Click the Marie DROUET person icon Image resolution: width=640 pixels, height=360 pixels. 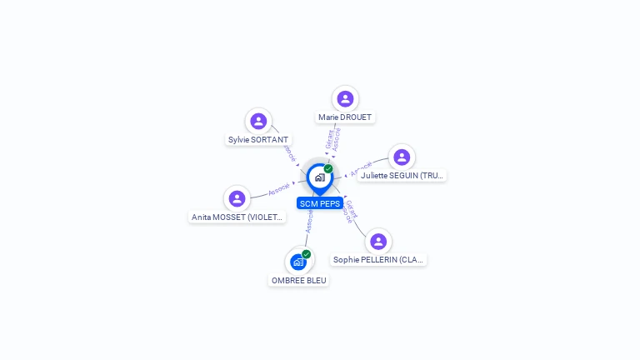(x=345, y=99)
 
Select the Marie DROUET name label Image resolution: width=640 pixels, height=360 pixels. (x=345, y=117)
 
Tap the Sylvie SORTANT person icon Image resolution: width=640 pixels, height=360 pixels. (x=258, y=122)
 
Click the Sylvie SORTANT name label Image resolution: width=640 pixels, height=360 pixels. (x=258, y=140)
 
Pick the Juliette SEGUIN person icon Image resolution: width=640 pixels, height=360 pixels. (x=402, y=157)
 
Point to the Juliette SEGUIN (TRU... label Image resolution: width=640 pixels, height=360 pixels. (x=402, y=176)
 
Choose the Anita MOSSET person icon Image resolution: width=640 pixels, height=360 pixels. (x=237, y=198)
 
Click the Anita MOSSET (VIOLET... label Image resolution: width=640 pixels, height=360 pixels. (x=237, y=217)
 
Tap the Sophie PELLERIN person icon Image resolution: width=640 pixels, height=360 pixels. (x=378, y=242)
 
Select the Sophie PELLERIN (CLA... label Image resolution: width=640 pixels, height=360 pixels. (x=379, y=260)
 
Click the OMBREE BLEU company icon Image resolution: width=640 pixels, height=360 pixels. (x=298, y=262)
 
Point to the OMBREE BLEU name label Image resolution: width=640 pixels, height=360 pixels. (x=299, y=281)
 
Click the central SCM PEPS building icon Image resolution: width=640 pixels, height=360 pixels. (x=319, y=177)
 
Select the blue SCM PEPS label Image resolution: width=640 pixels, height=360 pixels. (x=320, y=203)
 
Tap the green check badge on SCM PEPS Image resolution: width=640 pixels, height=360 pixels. (x=328, y=168)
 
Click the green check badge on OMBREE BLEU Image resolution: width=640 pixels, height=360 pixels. (x=307, y=254)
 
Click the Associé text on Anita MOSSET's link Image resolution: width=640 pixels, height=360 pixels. (x=280, y=189)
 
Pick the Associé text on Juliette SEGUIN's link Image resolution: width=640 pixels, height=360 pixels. (x=361, y=169)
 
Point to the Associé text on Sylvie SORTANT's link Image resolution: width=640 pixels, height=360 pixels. (x=289, y=153)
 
